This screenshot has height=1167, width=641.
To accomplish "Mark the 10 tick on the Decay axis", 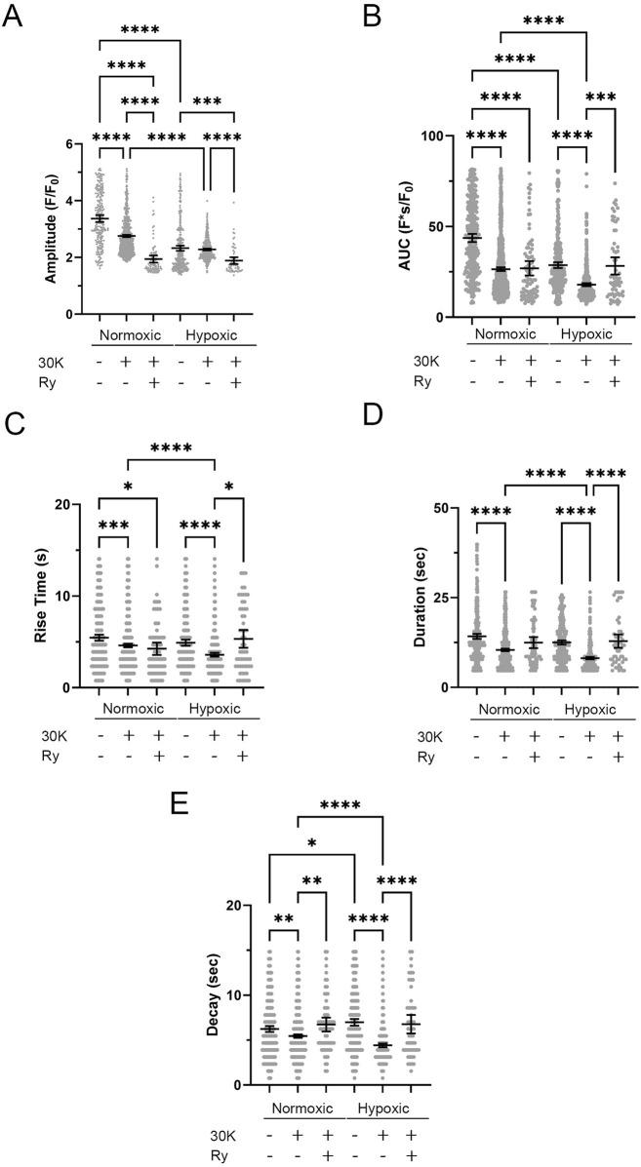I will click(x=245, y=994).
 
